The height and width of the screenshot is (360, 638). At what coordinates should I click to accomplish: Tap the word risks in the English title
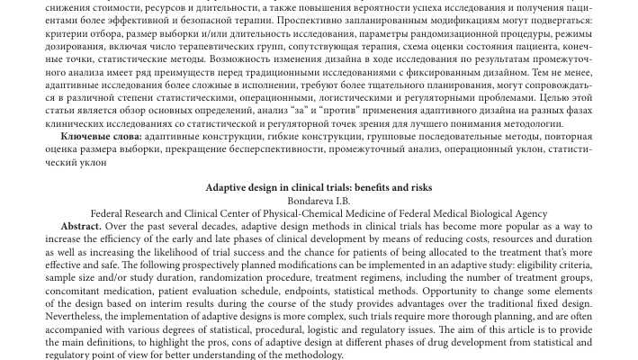pyautogui.click(x=418, y=187)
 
